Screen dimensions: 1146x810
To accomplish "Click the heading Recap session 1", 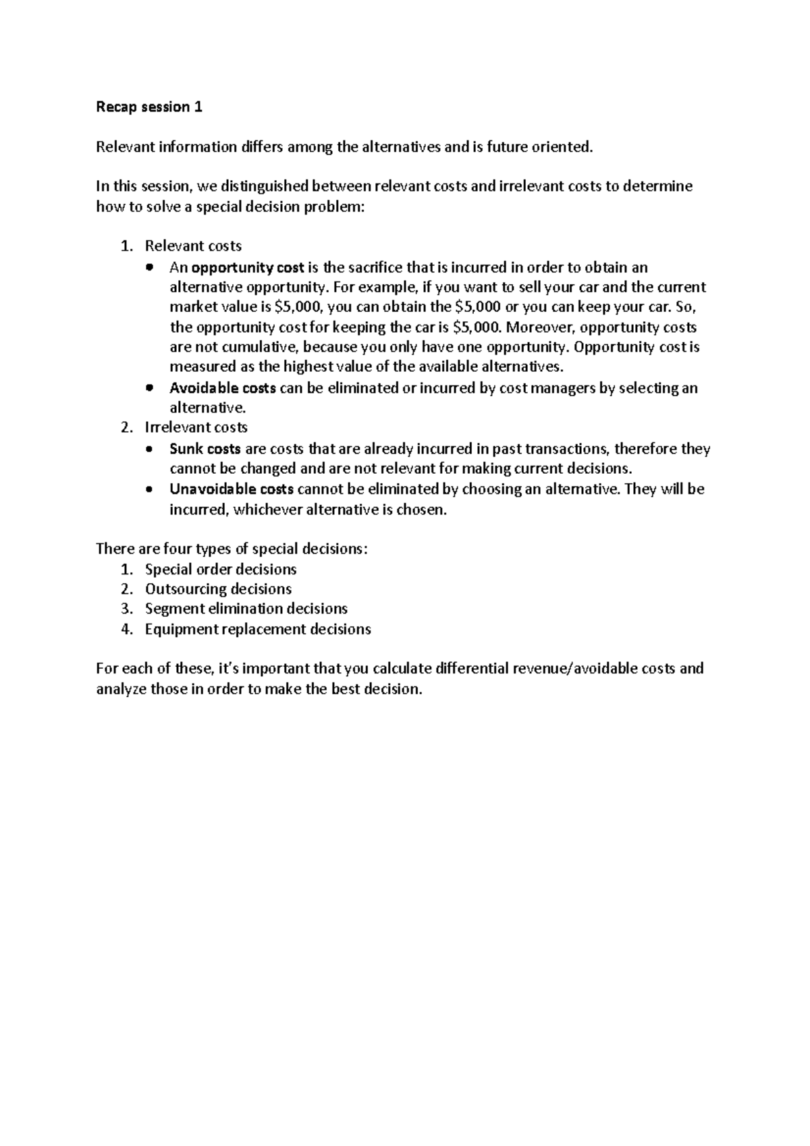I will pos(149,107).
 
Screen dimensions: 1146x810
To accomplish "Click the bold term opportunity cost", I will pos(248,267).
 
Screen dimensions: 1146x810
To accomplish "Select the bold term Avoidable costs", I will pos(222,388).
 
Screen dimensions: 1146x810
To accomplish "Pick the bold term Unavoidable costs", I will pos(231,489).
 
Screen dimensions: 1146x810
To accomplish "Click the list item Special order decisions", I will pos(221,569).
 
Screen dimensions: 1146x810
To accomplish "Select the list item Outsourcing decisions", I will pos(218,589).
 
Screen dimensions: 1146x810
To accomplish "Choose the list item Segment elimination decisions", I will pos(246,609).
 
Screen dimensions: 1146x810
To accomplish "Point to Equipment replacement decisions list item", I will pos(258,629).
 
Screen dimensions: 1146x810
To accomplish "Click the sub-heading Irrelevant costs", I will pos(196,427).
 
